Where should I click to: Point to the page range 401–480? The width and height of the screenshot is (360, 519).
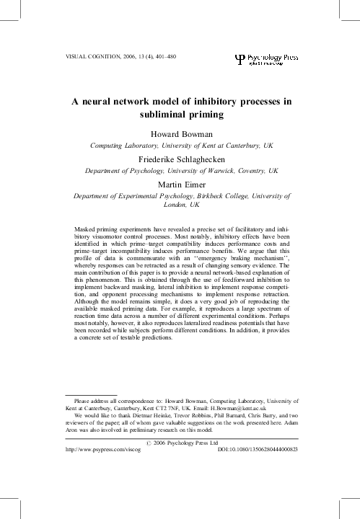coord(168,55)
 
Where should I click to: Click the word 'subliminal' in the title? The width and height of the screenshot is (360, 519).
coord(161,114)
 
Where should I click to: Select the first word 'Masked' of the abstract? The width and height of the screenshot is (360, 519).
coord(86,229)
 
